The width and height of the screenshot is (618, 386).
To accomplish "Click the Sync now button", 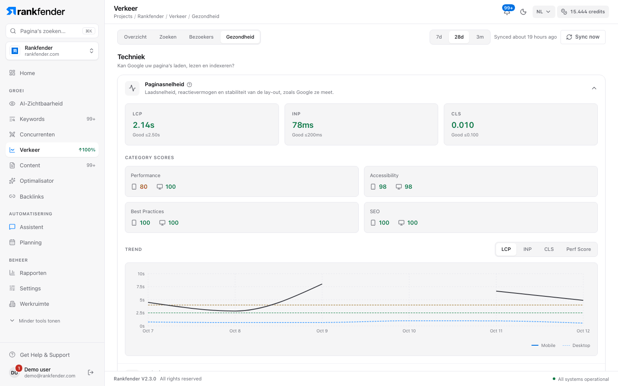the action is tap(583, 37).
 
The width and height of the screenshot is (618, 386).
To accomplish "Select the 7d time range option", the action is tap(439, 37).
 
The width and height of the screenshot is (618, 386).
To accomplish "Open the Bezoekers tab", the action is tap(201, 37).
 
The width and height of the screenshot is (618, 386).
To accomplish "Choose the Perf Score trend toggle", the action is tap(578, 249).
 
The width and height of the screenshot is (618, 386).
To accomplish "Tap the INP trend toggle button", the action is tap(527, 249).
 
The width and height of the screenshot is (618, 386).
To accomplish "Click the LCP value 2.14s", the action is tap(143, 125).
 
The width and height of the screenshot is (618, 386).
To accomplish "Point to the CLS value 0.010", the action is tap(462, 125).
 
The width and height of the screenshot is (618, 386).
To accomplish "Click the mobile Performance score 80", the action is tap(143, 187).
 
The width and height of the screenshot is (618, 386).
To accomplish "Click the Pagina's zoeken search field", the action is tap(52, 31).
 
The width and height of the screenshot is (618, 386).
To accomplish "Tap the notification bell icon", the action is tap(507, 12).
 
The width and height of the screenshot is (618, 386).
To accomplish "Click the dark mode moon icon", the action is tap(523, 12).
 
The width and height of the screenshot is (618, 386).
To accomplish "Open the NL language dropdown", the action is tap(543, 12).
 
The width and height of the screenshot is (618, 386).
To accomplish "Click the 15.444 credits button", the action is tap(583, 12).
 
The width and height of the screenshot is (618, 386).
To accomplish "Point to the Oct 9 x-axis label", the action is tap(322, 331).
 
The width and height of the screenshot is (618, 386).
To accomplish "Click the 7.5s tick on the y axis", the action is tap(140, 287).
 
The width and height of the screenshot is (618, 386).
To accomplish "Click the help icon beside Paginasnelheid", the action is tap(189, 84).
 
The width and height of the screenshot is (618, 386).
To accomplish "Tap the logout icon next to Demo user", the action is tap(91, 372).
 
